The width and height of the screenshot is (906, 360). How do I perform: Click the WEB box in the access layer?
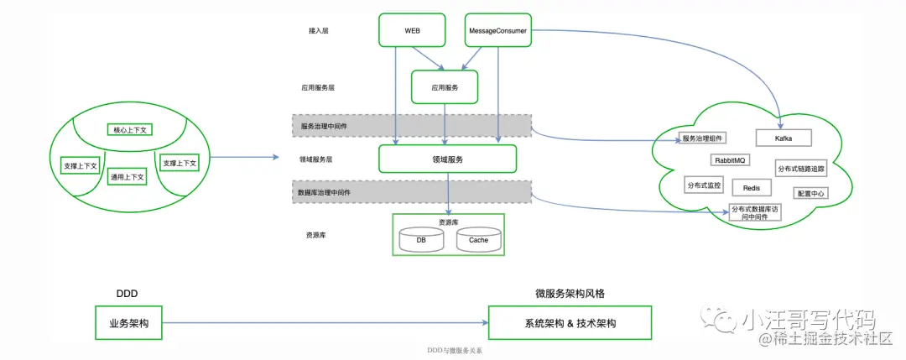(412, 29)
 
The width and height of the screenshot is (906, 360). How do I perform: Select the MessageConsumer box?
(497, 29)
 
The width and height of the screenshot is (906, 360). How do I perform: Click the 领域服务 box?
(447, 159)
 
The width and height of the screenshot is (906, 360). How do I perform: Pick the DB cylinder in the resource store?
(421, 240)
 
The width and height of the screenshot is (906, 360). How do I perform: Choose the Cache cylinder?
(478, 240)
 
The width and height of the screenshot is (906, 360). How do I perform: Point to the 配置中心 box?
(810, 193)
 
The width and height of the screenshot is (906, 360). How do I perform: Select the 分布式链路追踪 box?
(800, 169)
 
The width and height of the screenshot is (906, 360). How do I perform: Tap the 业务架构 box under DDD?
(128, 323)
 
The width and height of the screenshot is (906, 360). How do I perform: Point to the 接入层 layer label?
(319, 30)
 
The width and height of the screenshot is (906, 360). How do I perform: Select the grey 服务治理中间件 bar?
(412, 125)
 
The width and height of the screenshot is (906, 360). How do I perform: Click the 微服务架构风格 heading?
(570, 294)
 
